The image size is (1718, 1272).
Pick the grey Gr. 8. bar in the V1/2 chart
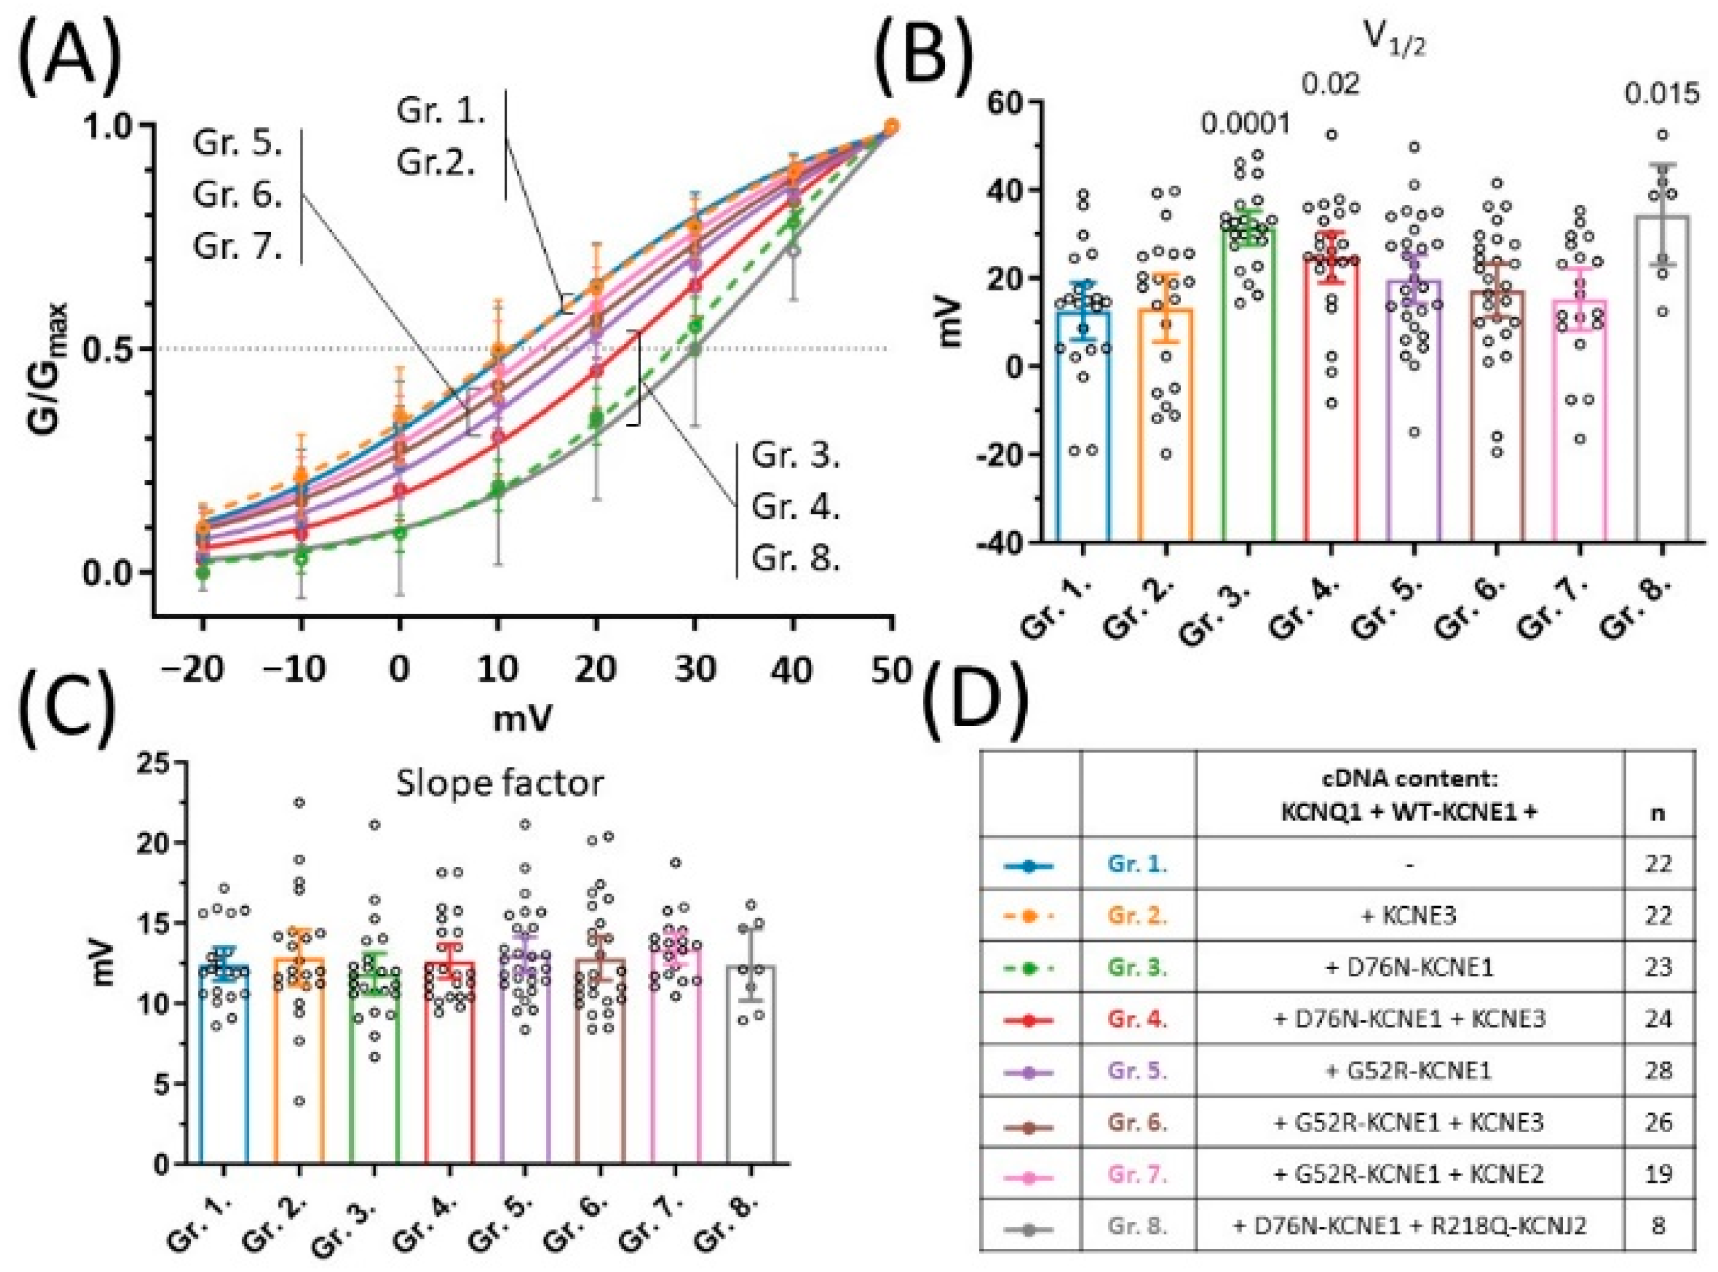tap(1663, 379)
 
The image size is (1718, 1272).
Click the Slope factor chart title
tap(500, 783)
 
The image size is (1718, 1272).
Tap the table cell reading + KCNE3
tap(1409, 916)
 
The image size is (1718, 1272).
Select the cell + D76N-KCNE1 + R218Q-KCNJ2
tap(1410, 1227)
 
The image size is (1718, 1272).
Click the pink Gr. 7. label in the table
tap(1138, 1175)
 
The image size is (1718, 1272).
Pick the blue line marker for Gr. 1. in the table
tap(1030, 866)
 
